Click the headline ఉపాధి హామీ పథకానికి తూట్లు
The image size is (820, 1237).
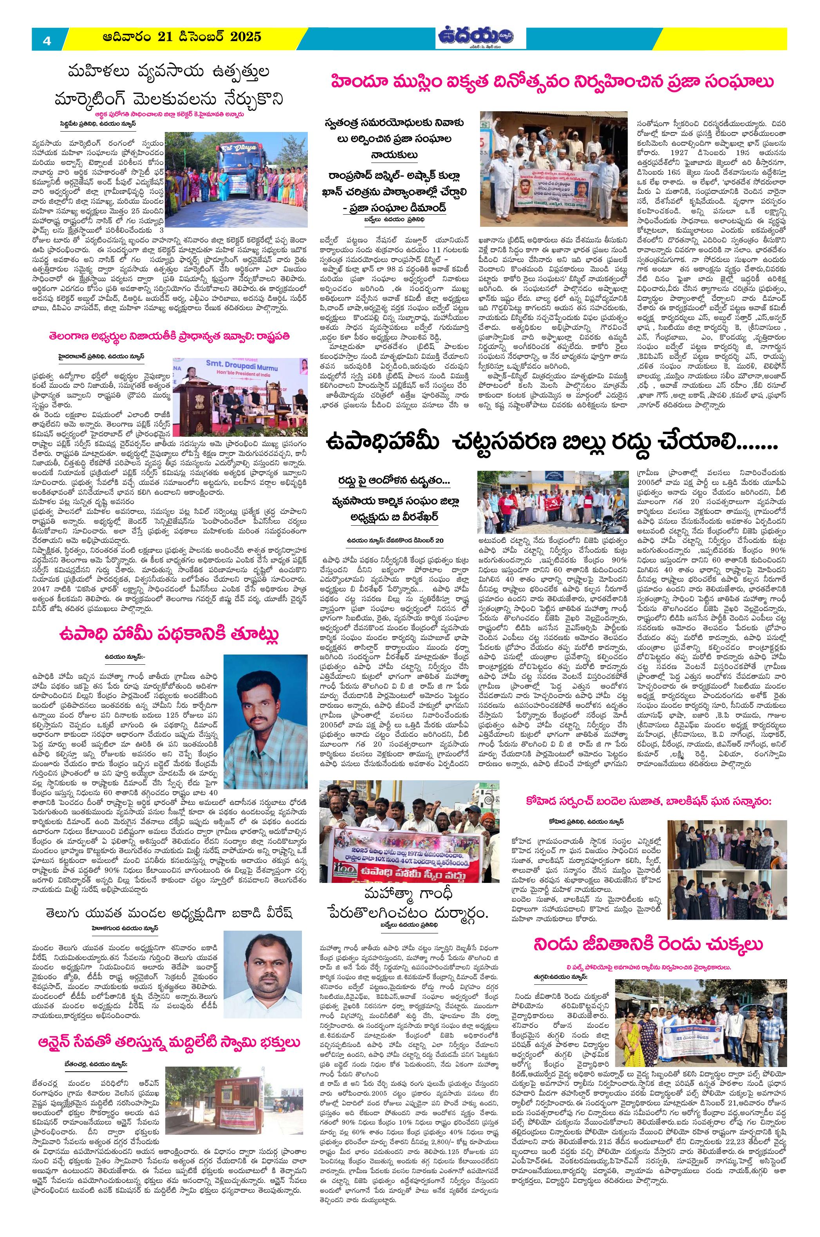pyautogui.click(x=169, y=634)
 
